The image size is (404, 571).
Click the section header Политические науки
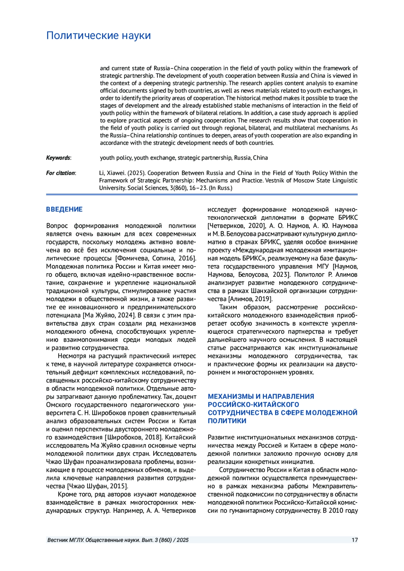[98, 35]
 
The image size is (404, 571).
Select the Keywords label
[59, 158]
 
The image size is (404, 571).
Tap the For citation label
[61, 173]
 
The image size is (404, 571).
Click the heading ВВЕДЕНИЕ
[64, 209]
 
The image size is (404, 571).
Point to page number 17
[355, 540]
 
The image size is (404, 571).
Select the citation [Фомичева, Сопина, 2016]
[156, 258]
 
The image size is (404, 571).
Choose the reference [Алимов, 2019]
[250, 299]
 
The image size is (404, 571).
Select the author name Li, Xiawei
[112, 173]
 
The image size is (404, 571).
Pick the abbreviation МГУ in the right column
[323, 266]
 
